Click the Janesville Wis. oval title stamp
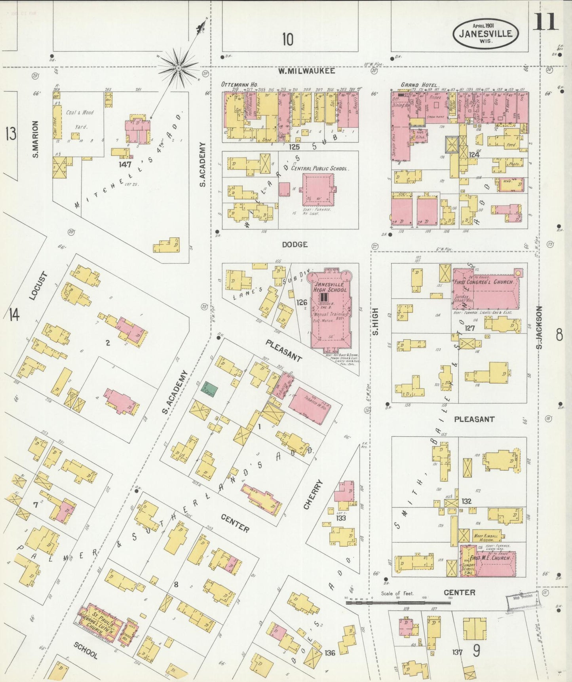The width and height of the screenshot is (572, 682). [x=485, y=34]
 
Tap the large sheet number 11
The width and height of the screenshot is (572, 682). [x=545, y=22]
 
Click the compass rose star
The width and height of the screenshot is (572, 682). [x=179, y=68]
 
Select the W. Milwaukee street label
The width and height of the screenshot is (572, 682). [x=306, y=71]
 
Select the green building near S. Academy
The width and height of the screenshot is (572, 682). [x=207, y=388]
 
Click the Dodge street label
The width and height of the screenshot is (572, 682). [x=295, y=245]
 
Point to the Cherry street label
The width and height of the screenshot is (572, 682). [x=314, y=494]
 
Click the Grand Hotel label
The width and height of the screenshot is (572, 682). [x=419, y=85]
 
